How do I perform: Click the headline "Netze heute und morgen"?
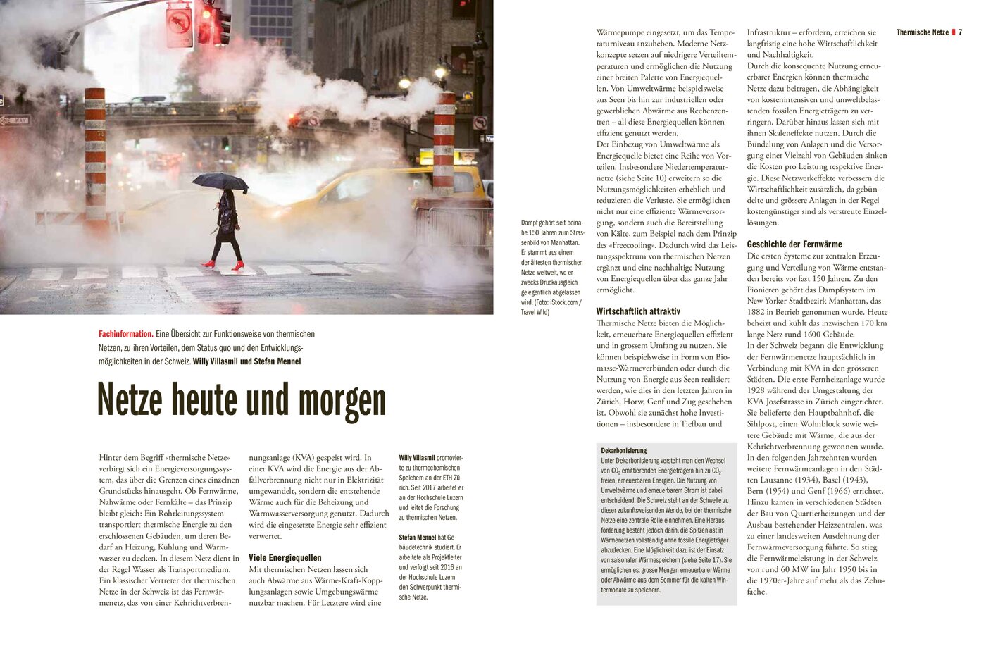[x=242, y=401]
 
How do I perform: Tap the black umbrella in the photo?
[x=220, y=182]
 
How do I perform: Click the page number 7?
[x=961, y=32]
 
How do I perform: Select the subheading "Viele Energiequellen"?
[x=285, y=557]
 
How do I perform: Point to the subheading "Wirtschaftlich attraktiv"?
[x=638, y=311]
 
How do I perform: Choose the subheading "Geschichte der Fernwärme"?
[x=794, y=244]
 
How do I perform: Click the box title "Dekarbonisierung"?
[x=623, y=450]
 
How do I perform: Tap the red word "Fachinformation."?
[x=126, y=334]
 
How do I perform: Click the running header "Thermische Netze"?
[x=922, y=32]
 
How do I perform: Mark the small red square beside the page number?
[x=953, y=32]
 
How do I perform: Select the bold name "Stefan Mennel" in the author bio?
[x=417, y=538]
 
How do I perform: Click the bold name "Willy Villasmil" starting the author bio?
[x=417, y=458]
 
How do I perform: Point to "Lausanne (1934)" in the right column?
[x=778, y=480]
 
